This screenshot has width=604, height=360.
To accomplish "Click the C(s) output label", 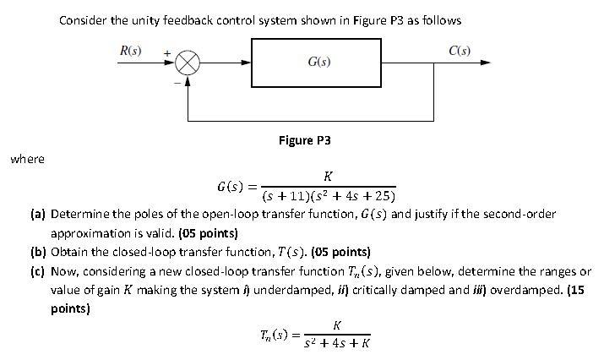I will click(460, 51).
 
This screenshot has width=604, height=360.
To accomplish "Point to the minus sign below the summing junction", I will click(177, 82).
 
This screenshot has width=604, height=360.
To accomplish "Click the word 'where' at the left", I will click(27, 159).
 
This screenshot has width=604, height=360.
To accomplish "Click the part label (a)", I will click(38, 215).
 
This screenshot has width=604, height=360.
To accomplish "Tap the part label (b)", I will click(38, 252).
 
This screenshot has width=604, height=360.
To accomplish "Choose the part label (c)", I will click(38, 271).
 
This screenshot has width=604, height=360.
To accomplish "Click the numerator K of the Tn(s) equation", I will click(337, 325).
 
